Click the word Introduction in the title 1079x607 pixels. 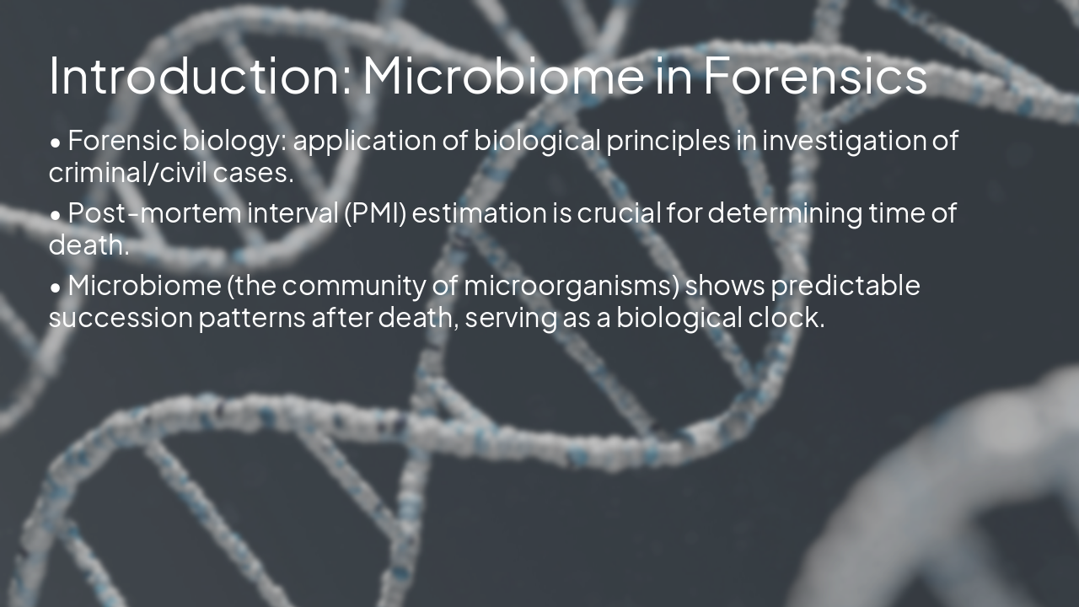tap(198, 76)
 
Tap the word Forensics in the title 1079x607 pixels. tap(814, 76)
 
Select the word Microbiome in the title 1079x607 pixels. tap(501, 76)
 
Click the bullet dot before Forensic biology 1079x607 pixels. tap(56, 143)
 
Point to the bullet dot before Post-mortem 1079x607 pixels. tap(56, 216)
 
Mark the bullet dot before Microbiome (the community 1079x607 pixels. tap(56, 288)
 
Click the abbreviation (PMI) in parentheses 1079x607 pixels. tap(375, 213)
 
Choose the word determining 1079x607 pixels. tap(785, 213)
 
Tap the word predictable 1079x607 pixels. tap(845, 286)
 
